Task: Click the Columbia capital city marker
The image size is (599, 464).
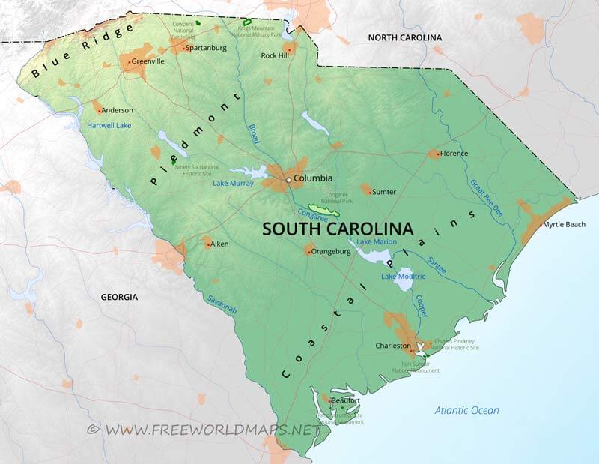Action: pos(288,179)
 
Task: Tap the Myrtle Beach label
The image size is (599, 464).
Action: pos(565,224)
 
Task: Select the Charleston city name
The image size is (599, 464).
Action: pos(393,346)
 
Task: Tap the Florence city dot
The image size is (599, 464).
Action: pos(437,154)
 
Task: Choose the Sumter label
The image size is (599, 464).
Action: pos(384,192)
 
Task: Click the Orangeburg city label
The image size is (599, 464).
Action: pos(331,252)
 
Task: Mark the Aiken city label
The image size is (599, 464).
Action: pos(219,244)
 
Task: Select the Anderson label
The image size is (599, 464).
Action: pos(118,110)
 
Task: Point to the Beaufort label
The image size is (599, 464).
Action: pos(346,400)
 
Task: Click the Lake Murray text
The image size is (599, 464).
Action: pos(232,183)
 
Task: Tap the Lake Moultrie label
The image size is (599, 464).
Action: pos(403,277)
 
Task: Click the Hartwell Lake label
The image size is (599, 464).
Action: pos(109,125)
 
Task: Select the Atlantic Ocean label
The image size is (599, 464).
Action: pos(467,410)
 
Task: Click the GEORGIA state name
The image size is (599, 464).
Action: pos(119,297)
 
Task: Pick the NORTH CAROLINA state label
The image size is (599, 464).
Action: pos(404,37)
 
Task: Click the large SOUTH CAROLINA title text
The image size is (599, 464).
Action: pos(337,229)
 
